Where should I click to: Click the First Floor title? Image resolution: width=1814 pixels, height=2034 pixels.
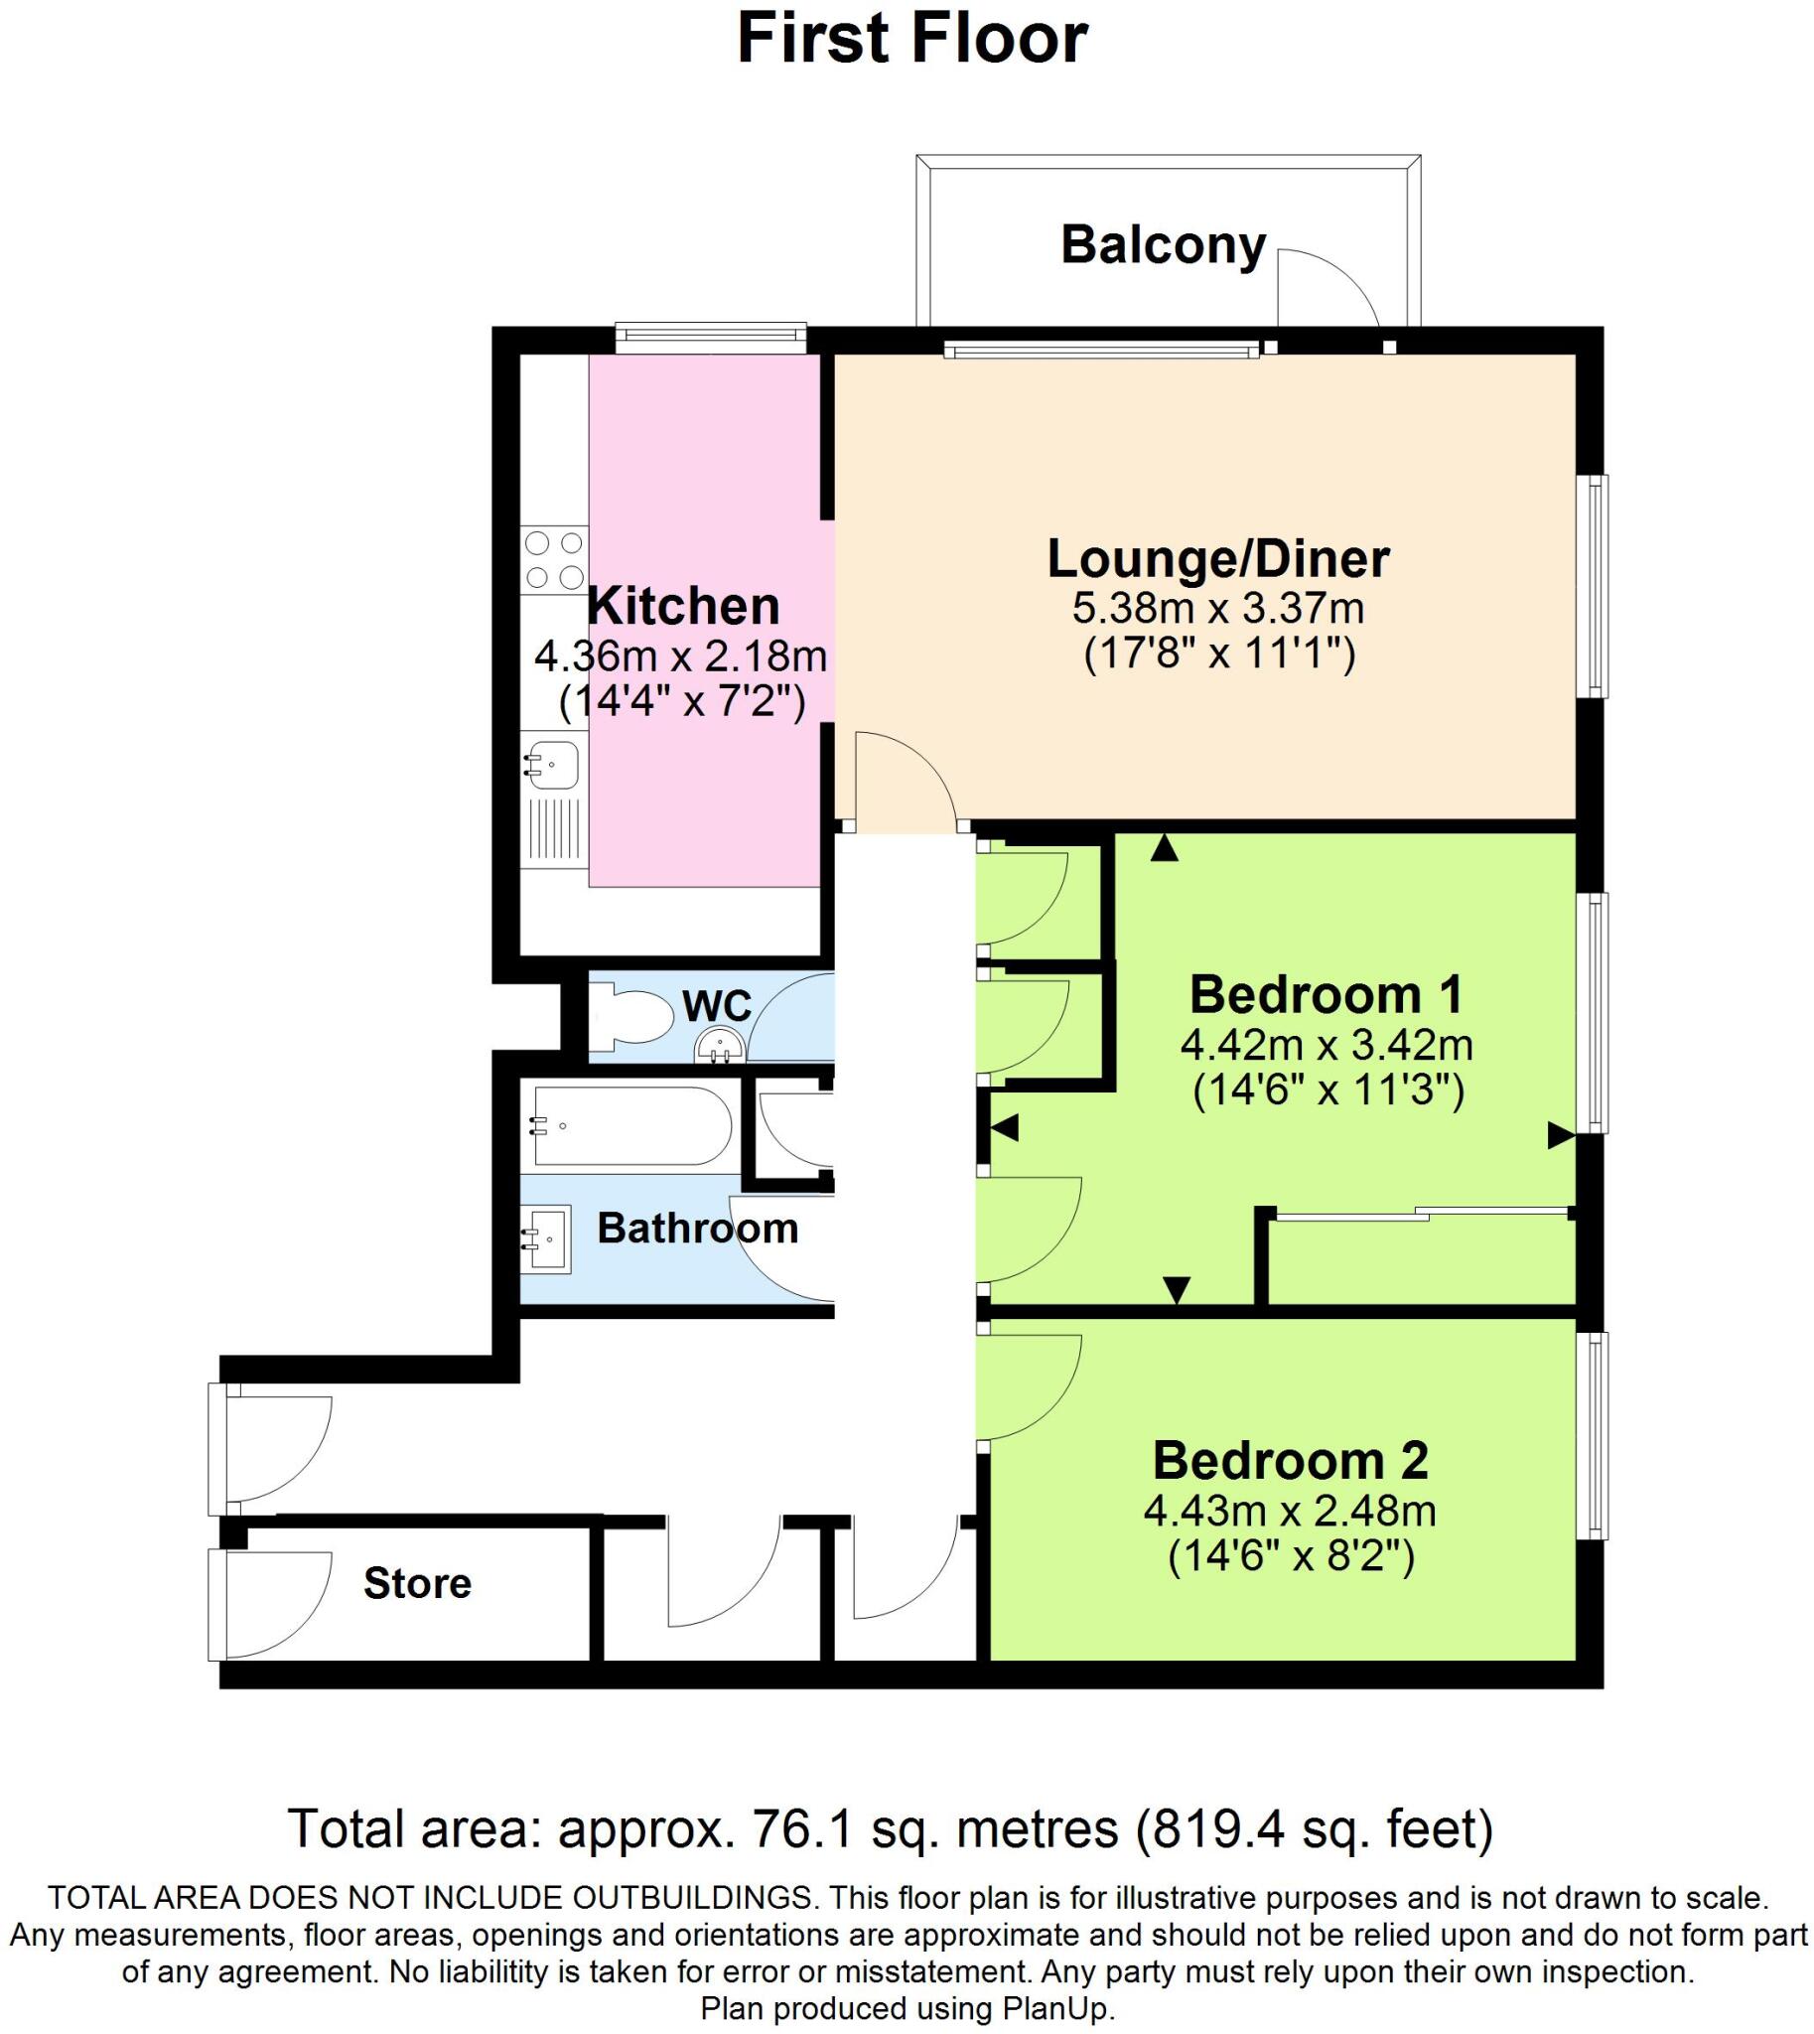[912, 40]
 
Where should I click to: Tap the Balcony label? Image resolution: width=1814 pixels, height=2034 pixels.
[1162, 244]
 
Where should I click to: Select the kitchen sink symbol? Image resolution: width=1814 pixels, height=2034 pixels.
[552, 766]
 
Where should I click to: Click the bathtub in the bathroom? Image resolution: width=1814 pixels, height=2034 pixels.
[630, 1125]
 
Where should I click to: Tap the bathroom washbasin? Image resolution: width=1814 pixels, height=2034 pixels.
[547, 1239]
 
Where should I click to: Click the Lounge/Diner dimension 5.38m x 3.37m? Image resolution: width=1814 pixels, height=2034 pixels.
[1217, 607]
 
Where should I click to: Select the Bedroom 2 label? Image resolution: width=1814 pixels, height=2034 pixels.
[1290, 1461]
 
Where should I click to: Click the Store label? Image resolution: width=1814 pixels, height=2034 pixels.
[417, 1583]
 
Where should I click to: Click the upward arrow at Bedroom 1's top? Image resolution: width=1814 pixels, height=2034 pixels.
[1164, 848]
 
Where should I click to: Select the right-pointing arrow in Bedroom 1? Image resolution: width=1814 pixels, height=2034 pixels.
[1560, 1134]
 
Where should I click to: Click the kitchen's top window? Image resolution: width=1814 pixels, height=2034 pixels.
[710, 336]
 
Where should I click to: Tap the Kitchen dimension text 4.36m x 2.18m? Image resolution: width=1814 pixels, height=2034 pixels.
[681, 656]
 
